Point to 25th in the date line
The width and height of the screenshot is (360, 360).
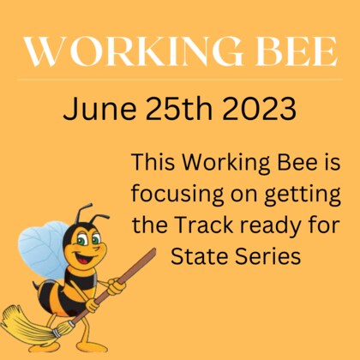pyautogui.click(x=176, y=110)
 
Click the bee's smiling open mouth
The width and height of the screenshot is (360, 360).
pyautogui.click(x=83, y=256)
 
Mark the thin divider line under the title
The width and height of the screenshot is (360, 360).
pyautogui.click(x=180, y=80)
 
